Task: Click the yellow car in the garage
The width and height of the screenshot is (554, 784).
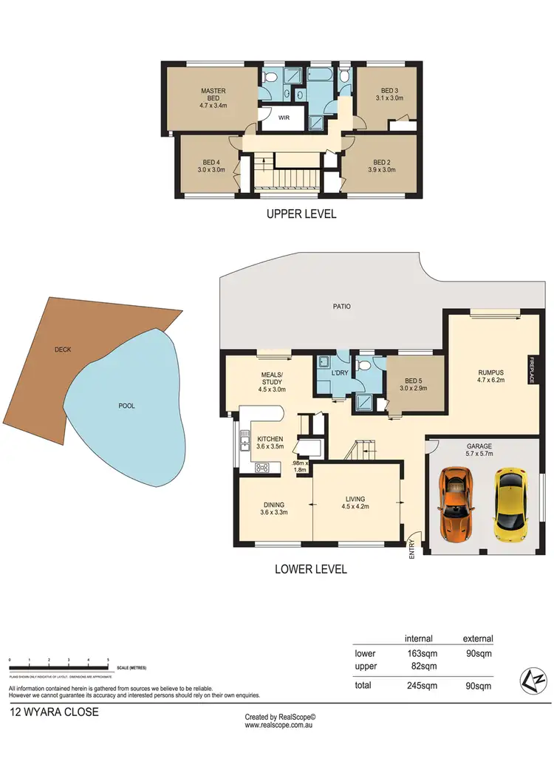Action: pos(507,505)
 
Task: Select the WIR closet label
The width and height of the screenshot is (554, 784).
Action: pos(283,117)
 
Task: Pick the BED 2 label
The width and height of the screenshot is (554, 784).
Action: pos(381,163)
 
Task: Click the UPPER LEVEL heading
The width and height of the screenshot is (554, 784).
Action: pos(301,214)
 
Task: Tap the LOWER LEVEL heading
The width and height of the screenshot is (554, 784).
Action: pos(310,569)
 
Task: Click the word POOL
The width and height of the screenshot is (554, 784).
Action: pos(126,406)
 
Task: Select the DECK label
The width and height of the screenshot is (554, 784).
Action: pos(62,350)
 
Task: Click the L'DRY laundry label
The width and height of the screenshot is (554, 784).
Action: pos(340,372)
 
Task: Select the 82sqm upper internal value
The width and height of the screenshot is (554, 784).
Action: pos(420,666)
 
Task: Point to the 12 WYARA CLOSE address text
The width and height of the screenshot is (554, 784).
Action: pos(53,713)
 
